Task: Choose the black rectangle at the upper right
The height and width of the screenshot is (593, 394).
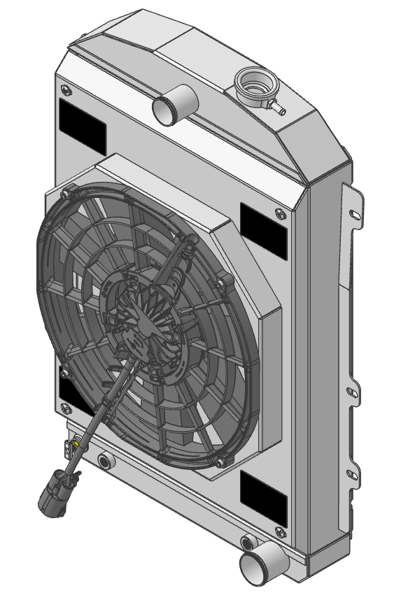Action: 263,229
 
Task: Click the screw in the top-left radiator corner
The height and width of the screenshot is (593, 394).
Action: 66,90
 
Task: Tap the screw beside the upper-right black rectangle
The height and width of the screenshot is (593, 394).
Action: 281,213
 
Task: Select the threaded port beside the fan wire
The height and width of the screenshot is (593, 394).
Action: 106,460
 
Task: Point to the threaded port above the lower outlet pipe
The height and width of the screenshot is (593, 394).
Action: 248,542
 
